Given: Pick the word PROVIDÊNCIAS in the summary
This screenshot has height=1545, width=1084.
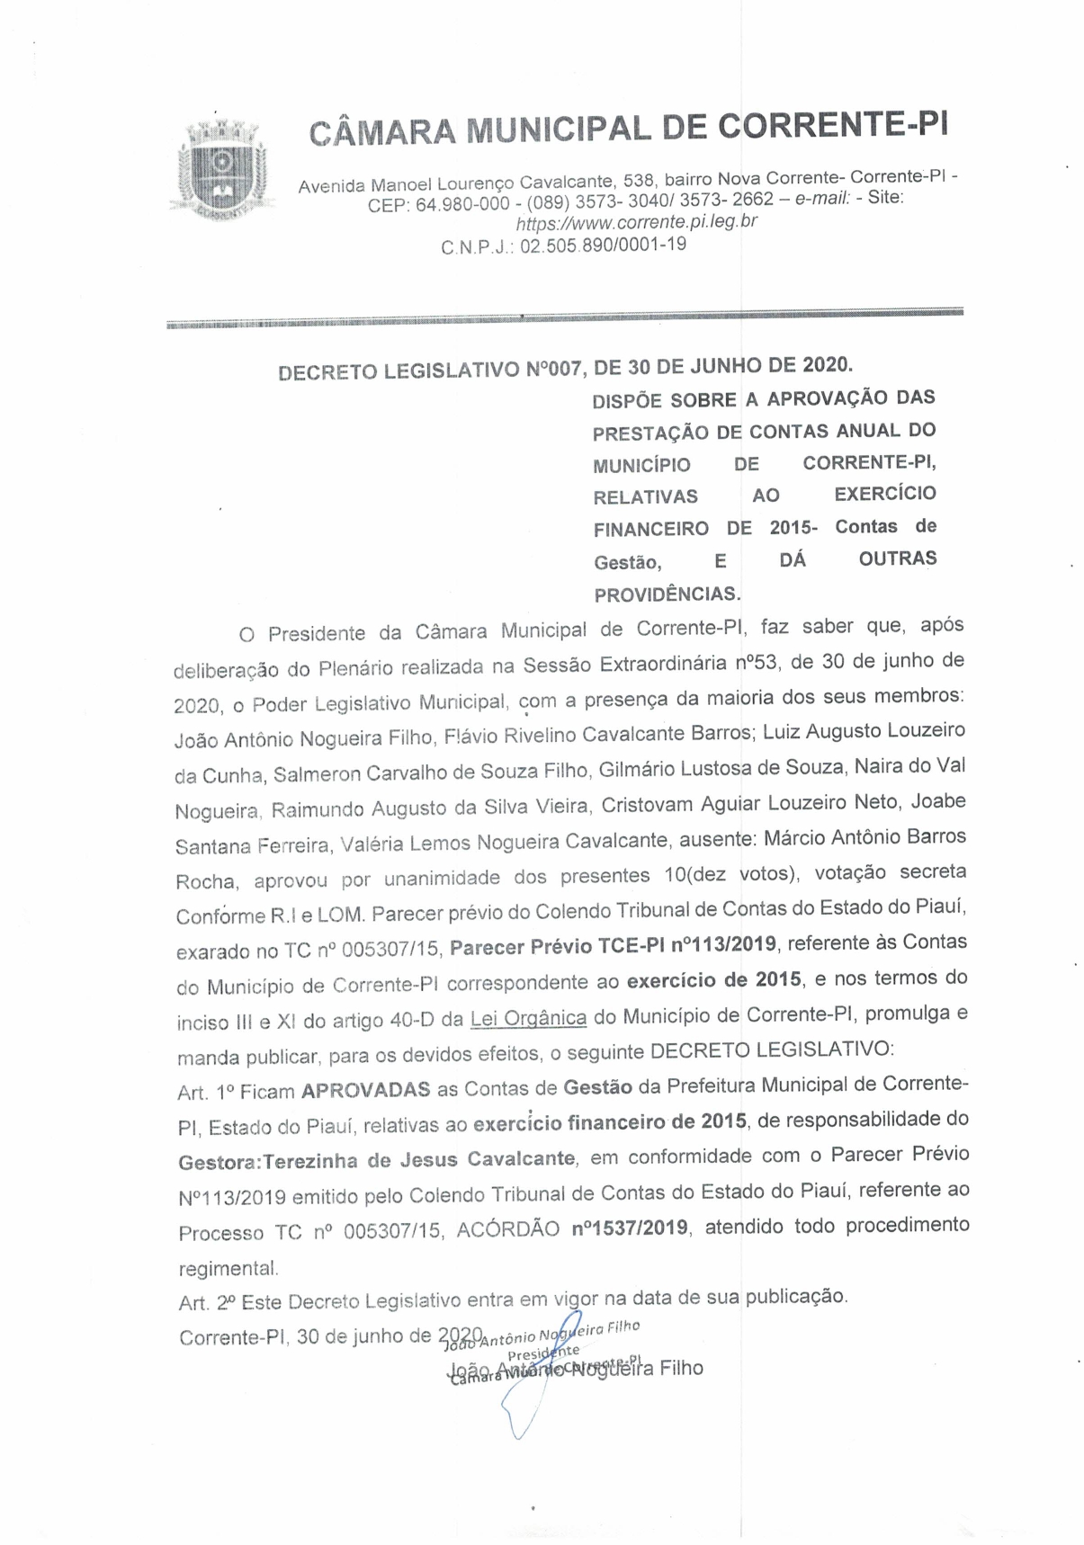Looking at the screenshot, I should (x=667, y=594).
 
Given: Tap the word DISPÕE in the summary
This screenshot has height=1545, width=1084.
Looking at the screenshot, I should (x=627, y=400).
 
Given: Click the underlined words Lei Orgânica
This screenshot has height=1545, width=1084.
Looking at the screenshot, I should (x=528, y=1018).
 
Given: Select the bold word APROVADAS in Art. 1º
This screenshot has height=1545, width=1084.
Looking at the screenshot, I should (x=365, y=1091).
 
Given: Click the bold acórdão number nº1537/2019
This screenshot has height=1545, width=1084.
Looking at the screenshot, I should (x=630, y=1228).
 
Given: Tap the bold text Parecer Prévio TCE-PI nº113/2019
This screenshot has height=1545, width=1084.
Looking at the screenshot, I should (x=613, y=946).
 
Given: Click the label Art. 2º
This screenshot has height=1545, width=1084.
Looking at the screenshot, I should (x=207, y=1302).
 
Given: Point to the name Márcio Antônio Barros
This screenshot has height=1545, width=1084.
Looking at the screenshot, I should (x=865, y=837).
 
